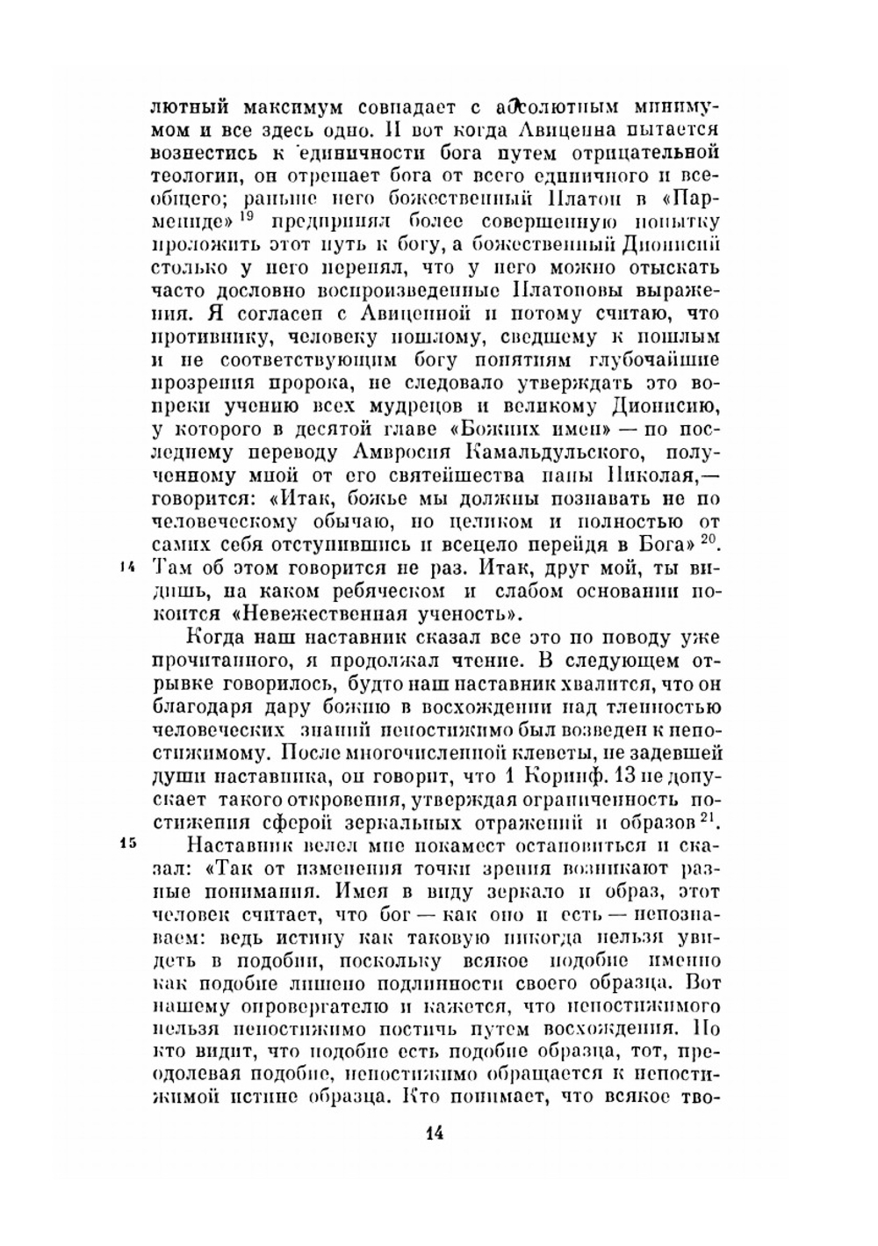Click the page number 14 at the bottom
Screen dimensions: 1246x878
[434, 1133]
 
